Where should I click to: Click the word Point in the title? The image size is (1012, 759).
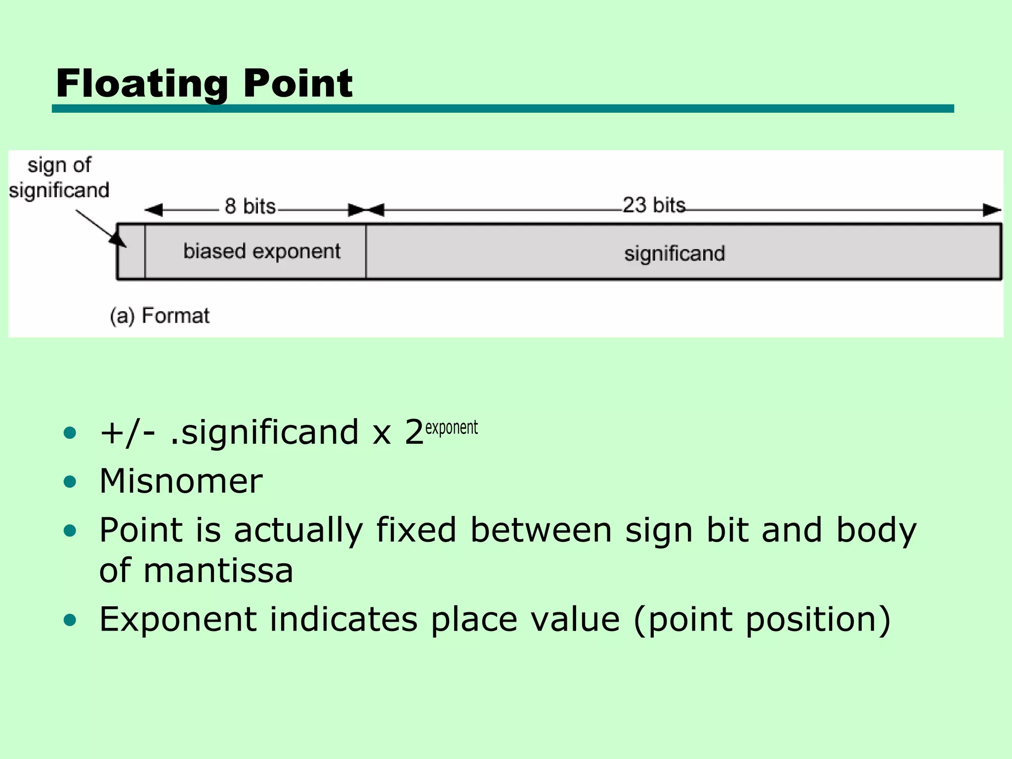pyautogui.click(x=297, y=84)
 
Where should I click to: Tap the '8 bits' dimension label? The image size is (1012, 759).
pyautogui.click(x=250, y=206)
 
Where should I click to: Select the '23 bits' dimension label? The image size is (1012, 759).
pyautogui.click(x=654, y=205)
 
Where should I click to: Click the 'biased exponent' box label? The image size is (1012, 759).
pyautogui.click(x=262, y=252)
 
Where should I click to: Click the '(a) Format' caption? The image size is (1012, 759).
pyautogui.click(x=160, y=316)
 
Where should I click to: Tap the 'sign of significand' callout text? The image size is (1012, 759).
pyautogui.click(x=59, y=178)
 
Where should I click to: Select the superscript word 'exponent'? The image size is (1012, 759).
pyautogui.click(x=451, y=427)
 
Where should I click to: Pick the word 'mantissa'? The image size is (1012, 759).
pyautogui.click(x=218, y=571)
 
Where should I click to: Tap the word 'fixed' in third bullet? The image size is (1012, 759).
pyautogui.click(x=416, y=530)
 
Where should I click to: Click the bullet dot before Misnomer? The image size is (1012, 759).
pyautogui.click(x=70, y=481)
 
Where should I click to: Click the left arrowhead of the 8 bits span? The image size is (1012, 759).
pyautogui.click(x=154, y=210)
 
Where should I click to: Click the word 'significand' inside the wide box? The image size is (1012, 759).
pyautogui.click(x=675, y=253)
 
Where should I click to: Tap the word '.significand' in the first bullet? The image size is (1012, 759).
pyautogui.click(x=264, y=432)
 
